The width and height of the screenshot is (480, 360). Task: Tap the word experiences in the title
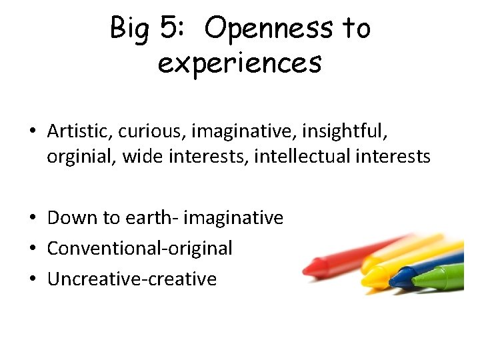(x=240, y=63)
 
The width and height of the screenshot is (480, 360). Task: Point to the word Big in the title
(x=132, y=29)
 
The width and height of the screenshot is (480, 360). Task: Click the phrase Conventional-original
(x=140, y=249)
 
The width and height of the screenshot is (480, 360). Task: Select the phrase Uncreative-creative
(x=132, y=279)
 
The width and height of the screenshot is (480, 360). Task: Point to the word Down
(x=71, y=218)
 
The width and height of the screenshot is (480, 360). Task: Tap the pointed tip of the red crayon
(x=307, y=270)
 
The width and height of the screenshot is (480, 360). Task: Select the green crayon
(x=443, y=277)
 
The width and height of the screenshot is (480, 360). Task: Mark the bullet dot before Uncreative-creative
(x=33, y=279)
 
